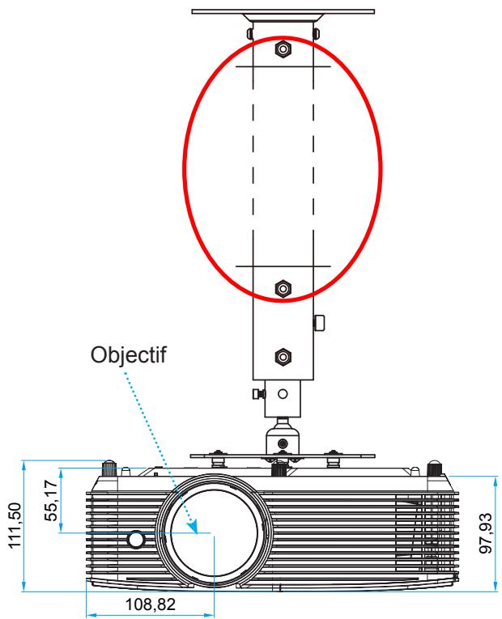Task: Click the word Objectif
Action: [x=129, y=355]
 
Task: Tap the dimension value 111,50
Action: [x=15, y=525]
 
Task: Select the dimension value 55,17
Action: [x=51, y=500]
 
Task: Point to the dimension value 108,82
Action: [x=150, y=604]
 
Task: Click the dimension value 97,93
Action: [x=486, y=533]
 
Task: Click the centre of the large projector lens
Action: [x=214, y=532]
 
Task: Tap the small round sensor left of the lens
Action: [x=136, y=539]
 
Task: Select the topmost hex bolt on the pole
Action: [x=283, y=49]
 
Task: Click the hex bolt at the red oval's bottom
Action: [x=283, y=289]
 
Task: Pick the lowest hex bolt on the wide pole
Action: [x=283, y=358]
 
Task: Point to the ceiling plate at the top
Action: [x=283, y=12]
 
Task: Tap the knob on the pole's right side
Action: [x=319, y=323]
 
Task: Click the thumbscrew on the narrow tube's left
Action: [x=259, y=393]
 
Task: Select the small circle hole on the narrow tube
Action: [x=283, y=393]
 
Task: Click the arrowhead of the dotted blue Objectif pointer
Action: [x=194, y=527]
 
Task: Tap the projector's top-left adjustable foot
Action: [x=109, y=468]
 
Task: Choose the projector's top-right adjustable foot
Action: [x=435, y=468]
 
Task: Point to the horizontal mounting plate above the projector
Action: [x=283, y=456]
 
